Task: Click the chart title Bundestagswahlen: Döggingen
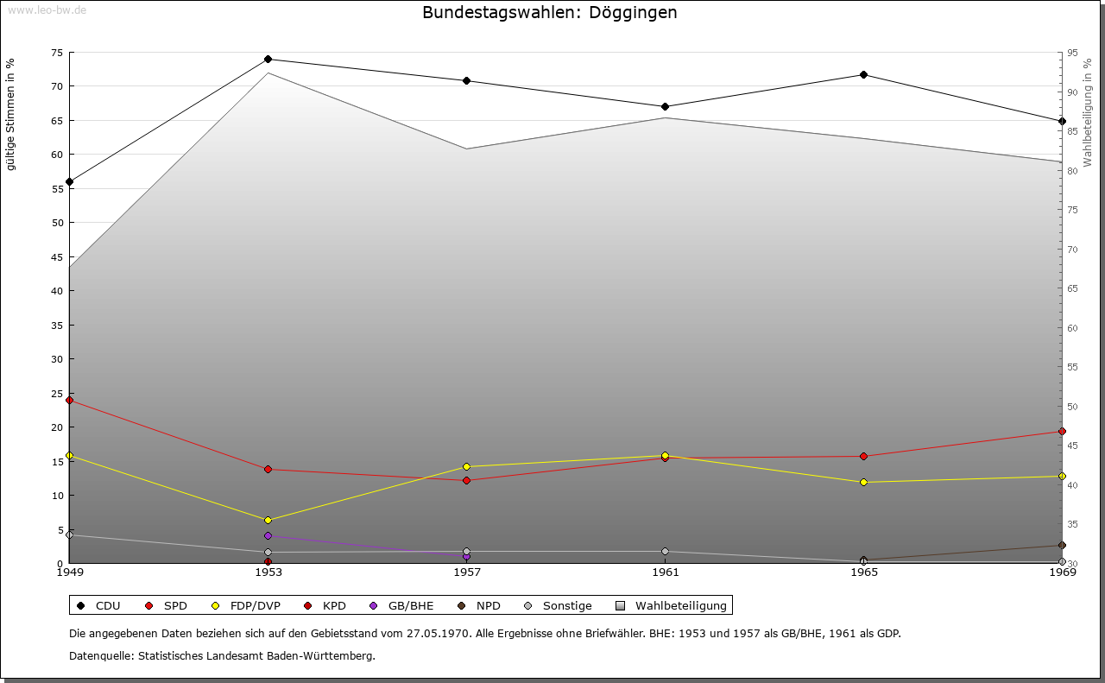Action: pyautogui.click(x=549, y=13)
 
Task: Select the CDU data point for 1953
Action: pyautogui.click(x=268, y=60)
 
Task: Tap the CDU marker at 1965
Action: pyautogui.click(x=863, y=74)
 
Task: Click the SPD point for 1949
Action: pyautogui.click(x=69, y=400)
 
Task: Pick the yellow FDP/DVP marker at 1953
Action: pyautogui.click(x=268, y=520)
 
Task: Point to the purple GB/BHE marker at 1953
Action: pyautogui.click(x=268, y=535)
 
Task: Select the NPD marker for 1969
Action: pyautogui.click(x=1062, y=545)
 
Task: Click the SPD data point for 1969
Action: pyautogui.click(x=1062, y=431)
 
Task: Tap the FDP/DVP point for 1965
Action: pyautogui.click(x=863, y=482)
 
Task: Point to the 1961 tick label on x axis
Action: pyautogui.click(x=665, y=572)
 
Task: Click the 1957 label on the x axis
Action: pyautogui.click(x=466, y=572)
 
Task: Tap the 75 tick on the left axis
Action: pyautogui.click(x=56, y=53)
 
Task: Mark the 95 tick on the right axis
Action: pyautogui.click(x=1072, y=53)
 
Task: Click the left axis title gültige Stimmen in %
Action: pyautogui.click(x=11, y=114)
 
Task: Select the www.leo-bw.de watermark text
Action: pyautogui.click(x=47, y=9)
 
